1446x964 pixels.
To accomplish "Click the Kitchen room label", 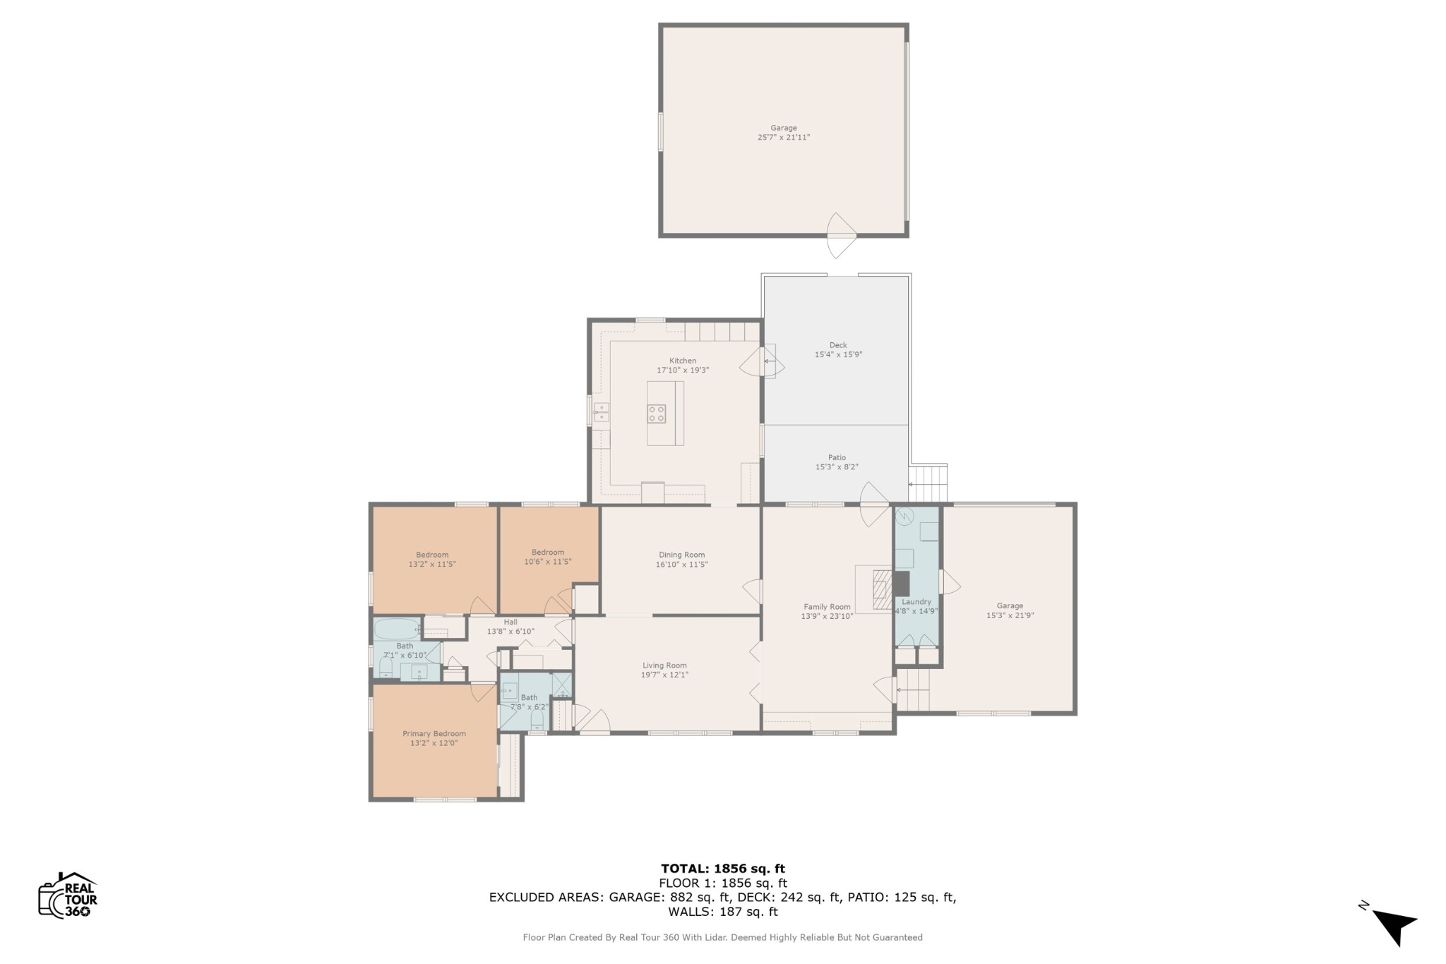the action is (683, 361).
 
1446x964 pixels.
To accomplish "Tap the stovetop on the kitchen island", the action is (657, 414).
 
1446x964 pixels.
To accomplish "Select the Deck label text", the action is (838, 345).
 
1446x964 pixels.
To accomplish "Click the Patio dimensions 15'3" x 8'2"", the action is (837, 467).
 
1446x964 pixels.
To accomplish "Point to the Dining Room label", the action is (682, 555).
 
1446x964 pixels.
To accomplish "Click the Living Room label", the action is (664, 665).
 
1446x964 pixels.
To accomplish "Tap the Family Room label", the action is (827, 607).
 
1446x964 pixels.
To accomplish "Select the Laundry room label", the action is (916, 602).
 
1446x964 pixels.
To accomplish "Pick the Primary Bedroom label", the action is (434, 734).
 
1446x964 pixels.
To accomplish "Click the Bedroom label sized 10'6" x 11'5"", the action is (548, 553).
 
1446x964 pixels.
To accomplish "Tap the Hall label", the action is (510, 622).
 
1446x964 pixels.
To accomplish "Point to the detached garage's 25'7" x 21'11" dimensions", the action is (784, 138).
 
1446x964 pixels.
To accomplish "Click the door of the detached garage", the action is (842, 235).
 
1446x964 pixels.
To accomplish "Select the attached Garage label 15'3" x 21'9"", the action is (1010, 605).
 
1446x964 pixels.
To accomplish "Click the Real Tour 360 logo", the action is (68, 895).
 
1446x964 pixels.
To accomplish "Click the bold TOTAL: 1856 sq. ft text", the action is (723, 869).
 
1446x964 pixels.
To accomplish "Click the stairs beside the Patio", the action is (928, 483).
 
